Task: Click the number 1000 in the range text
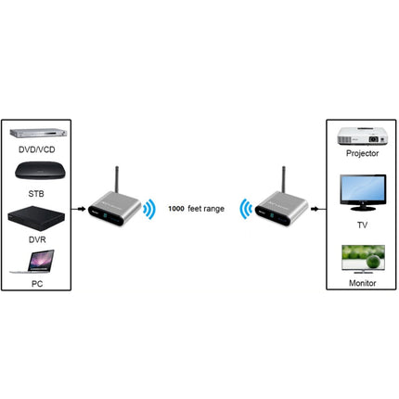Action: tap(176, 210)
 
